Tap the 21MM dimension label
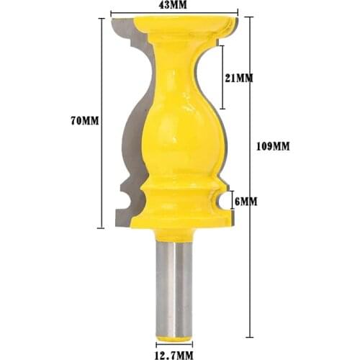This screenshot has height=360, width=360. (238, 78)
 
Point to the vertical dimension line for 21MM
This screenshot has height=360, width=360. (221, 76)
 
